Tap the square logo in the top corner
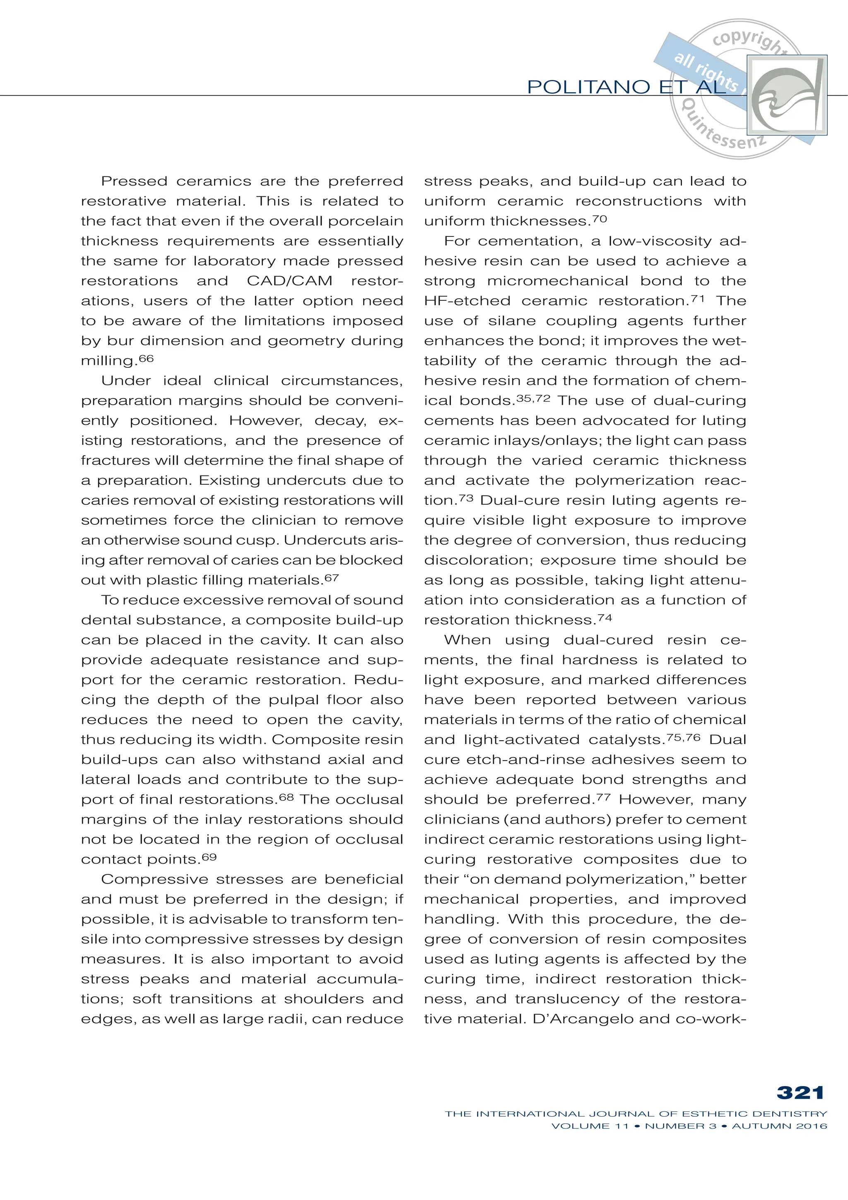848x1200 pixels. [x=787, y=95]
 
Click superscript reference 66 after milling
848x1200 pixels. [x=146, y=359]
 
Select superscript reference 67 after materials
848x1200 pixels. [x=331, y=578]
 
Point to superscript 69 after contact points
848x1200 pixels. [x=209, y=857]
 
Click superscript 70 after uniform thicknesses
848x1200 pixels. [x=599, y=219]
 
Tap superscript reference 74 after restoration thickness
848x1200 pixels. [x=605, y=618]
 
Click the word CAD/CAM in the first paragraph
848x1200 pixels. [x=289, y=281]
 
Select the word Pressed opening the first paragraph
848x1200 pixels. [x=134, y=181]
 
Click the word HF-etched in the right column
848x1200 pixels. [x=467, y=301]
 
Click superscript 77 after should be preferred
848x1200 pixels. [x=603, y=797]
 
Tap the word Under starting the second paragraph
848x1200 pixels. [x=126, y=381]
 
